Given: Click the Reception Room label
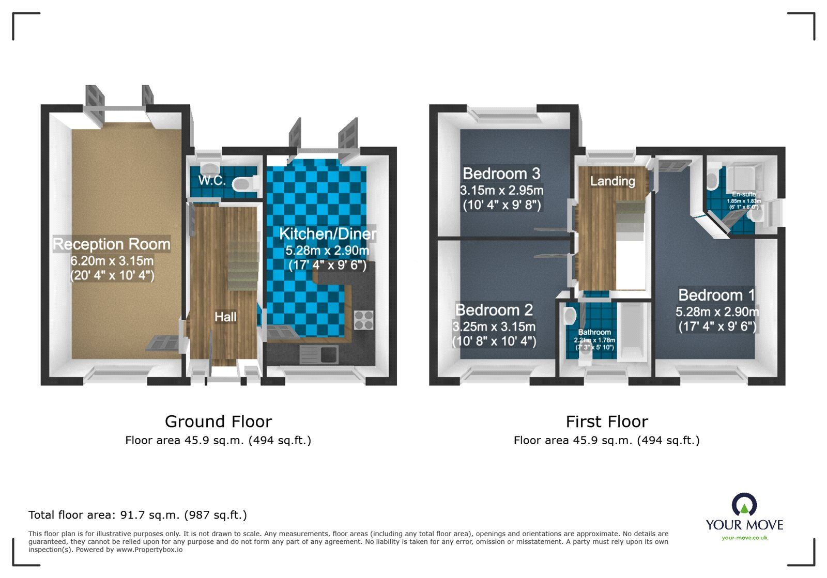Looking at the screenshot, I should coord(112,244).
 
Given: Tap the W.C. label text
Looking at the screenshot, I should coord(212,180).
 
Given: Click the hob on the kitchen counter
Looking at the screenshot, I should coord(363,320).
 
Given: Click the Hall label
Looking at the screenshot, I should coord(225,317).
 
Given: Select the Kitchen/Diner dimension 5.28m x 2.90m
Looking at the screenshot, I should coord(327,251).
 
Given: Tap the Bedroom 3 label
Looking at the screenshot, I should coord(501,173).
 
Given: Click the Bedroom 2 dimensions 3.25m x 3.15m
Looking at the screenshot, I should coord(494,326).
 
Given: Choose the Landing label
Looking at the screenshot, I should coord(612,181).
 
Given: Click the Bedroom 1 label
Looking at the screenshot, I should coord(716,295).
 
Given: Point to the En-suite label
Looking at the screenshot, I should coord(744,194).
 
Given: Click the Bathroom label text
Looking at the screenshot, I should coord(594,332).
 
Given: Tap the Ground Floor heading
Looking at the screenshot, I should coord(218,421).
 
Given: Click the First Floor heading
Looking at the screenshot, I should coord(606,421).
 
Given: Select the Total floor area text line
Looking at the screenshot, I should coord(137,515).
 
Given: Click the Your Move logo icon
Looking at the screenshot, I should coord(744,504).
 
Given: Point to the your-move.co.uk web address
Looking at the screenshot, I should coord(744,538).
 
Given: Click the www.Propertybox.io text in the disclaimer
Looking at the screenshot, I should coord(149,550).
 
